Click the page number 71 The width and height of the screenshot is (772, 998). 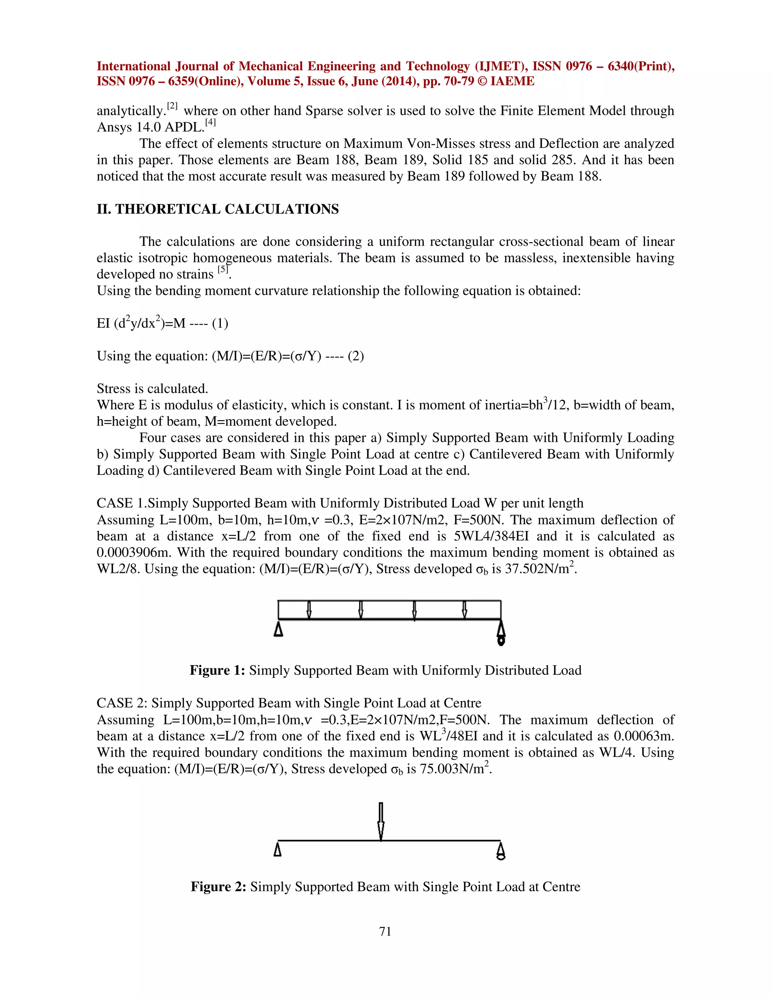coord(385,931)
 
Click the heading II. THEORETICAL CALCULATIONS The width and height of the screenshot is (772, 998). coord(218,209)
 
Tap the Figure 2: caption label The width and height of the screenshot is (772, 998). coord(218,887)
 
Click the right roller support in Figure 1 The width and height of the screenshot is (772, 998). coord(501,633)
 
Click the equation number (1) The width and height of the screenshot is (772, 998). coord(220,324)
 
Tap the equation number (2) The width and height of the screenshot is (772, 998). coord(356,356)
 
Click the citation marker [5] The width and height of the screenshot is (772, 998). coord(223,270)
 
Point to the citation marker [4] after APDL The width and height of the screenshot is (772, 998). coord(210,122)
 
